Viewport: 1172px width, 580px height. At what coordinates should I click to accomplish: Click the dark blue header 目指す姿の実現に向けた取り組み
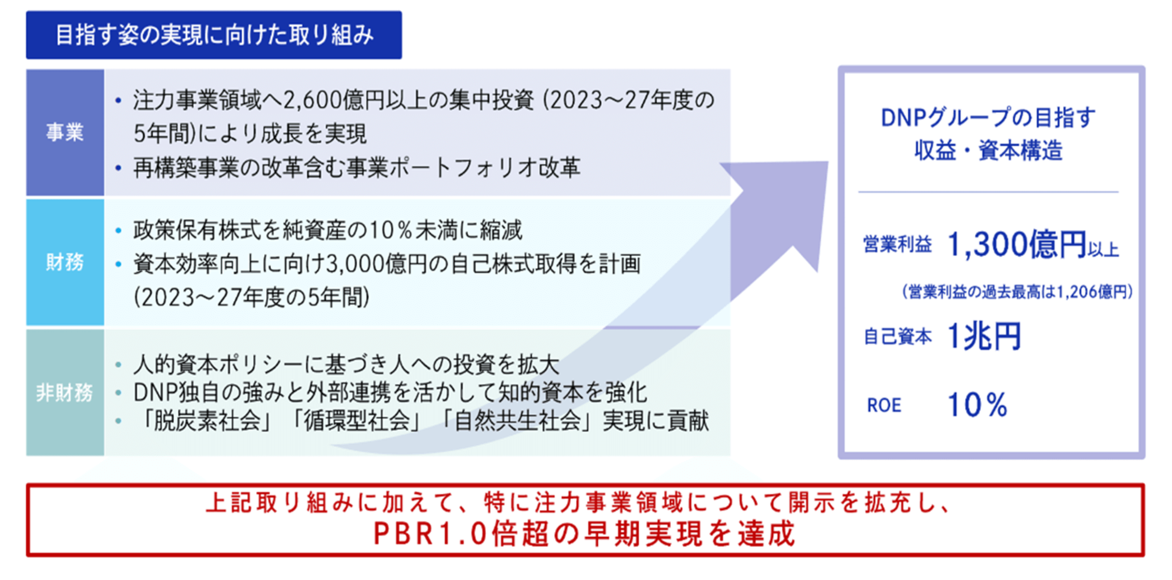[x=214, y=35]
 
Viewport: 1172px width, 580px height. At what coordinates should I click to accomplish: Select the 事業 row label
[x=65, y=133]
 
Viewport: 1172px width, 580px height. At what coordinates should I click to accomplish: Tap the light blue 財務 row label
[x=65, y=263]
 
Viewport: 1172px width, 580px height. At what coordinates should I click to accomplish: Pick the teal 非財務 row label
[x=65, y=393]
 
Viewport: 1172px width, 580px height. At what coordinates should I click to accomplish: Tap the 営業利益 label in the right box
[x=897, y=244]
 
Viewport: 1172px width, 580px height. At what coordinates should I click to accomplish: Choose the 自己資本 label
[x=897, y=337]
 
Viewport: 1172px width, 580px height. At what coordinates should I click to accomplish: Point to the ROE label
[x=884, y=405]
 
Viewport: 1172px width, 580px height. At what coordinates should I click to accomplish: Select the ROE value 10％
[x=977, y=405]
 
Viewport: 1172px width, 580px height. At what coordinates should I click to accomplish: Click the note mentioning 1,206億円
[x=1017, y=292]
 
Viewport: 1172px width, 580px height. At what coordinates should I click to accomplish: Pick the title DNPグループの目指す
[x=988, y=118]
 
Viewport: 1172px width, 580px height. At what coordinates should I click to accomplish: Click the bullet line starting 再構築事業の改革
[x=356, y=168]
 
